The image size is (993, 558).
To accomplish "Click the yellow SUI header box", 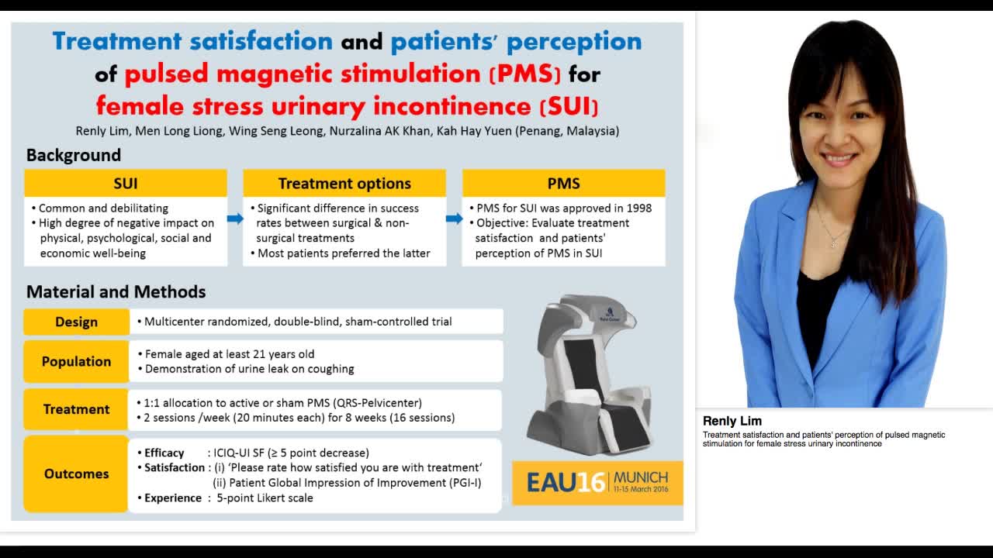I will (126, 184).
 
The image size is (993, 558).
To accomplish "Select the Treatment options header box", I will (344, 184).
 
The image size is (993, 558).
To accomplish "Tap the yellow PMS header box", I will (563, 184).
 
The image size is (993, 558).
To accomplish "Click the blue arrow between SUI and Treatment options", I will (235, 219).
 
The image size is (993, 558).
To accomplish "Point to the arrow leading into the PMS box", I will (455, 219).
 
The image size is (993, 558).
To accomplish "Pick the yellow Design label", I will (76, 322).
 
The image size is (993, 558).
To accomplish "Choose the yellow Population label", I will (76, 361).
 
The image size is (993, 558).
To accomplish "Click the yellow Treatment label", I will (76, 409).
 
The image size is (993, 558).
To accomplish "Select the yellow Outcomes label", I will (76, 474).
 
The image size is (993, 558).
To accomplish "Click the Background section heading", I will (74, 155).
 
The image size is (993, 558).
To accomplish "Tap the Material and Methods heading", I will (116, 292).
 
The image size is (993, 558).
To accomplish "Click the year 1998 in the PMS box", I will (637, 208).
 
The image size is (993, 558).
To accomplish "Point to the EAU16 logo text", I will (565, 482).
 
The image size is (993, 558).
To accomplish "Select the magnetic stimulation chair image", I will (590, 372).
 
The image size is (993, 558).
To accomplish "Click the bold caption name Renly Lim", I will (732, 421).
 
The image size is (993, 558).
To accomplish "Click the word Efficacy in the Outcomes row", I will (164, 453).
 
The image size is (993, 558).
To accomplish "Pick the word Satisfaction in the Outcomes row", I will (175, 467).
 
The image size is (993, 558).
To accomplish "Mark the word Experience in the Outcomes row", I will (173, 498).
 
